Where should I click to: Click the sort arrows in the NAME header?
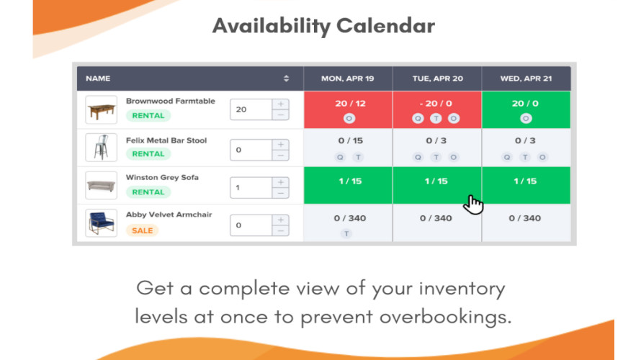(286, 78)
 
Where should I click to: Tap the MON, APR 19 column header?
(347, 78)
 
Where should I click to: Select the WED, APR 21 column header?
(526, 78)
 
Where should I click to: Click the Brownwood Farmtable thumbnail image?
(102, 110)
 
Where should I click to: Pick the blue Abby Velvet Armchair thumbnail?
(102, 223)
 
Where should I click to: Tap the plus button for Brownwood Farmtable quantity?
(281, 104)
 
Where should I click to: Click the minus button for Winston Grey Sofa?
(281, 193)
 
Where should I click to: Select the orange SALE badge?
(143, 230)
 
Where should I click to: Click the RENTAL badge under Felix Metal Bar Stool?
(148, 154)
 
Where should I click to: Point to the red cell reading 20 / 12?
(348, 109)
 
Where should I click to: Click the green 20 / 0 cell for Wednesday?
(526, 109)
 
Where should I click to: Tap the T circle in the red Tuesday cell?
(436, 119)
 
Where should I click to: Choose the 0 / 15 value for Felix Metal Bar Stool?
(350, 140)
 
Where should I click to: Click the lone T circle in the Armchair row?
(346, 234)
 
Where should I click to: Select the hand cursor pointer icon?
(473, 204)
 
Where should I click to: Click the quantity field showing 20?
(251, 109)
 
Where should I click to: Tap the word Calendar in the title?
(385, 26)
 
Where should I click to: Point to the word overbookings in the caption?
(446, 318)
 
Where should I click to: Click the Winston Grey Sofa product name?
(162, 177)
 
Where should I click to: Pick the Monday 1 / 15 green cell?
(348, 185)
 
